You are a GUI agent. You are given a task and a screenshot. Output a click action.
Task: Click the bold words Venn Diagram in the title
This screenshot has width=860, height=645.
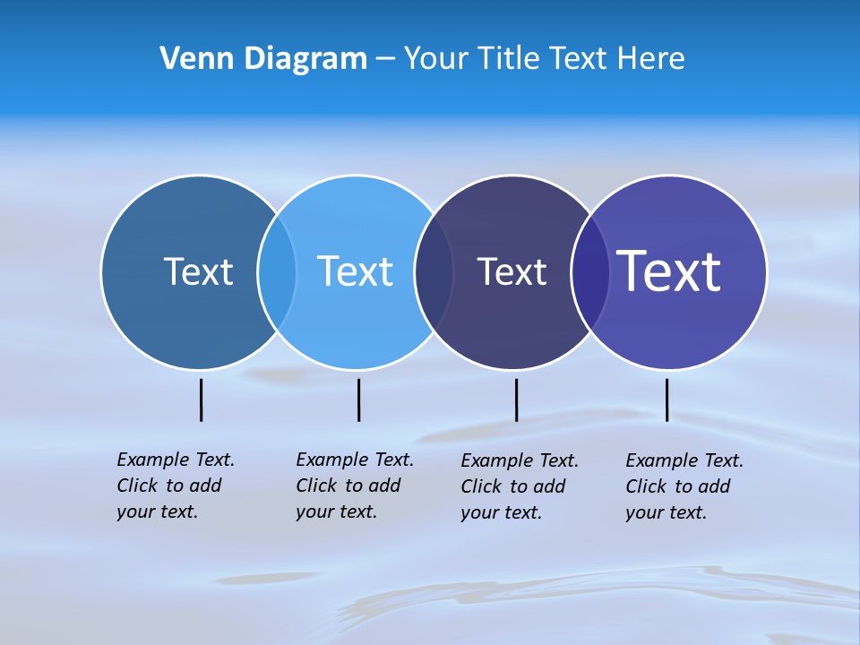coord(263,58)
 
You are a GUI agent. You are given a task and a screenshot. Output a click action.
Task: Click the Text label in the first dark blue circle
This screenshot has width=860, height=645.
coord(198,271)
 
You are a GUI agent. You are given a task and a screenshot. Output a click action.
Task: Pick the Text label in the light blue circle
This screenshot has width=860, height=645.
coord(355,271)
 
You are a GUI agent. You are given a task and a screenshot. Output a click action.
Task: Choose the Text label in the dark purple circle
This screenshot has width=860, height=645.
coord(512,271)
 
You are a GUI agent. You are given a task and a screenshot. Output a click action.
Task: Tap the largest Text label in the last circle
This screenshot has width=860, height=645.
coord(669,271)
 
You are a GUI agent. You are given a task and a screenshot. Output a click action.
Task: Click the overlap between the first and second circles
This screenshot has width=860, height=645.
coord(277,271)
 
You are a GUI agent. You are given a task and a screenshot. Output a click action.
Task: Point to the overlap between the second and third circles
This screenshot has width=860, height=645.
coord(434,271)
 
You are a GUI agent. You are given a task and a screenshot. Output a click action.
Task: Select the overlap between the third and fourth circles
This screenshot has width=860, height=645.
coord(590,271)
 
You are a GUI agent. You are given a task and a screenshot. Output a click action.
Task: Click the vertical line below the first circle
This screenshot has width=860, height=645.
coord(201,400)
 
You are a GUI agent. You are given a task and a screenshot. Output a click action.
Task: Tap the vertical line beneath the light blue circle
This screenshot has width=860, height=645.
coord(358,400)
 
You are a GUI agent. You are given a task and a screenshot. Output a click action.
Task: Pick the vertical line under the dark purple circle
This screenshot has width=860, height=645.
coord(516,400)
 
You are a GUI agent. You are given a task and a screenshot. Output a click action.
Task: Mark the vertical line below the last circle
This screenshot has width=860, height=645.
coord(666,400)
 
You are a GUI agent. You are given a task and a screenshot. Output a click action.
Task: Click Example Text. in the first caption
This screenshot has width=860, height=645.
coord(176,460)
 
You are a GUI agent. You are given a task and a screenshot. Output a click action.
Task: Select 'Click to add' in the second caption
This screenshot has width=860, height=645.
coord(348,486)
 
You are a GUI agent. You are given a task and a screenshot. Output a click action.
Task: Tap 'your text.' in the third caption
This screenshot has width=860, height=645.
coord(501,512)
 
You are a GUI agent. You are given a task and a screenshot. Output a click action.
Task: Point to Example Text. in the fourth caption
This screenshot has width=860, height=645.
coord(684,460)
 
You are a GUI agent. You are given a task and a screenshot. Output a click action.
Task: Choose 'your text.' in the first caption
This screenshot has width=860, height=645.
coord(157,512)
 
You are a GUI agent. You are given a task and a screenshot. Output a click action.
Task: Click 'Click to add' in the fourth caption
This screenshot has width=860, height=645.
coord(677,486)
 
